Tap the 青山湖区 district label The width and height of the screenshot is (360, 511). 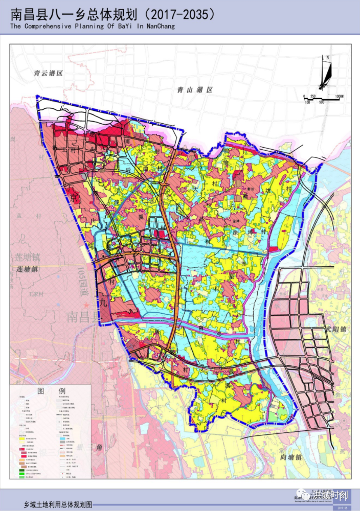(194, 89)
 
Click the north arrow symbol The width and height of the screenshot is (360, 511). (325, 72)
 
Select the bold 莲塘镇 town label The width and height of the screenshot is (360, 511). (27, 269)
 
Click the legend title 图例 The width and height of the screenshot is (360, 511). (50, 390)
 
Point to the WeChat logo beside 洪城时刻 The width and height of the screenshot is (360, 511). (306, 495)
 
